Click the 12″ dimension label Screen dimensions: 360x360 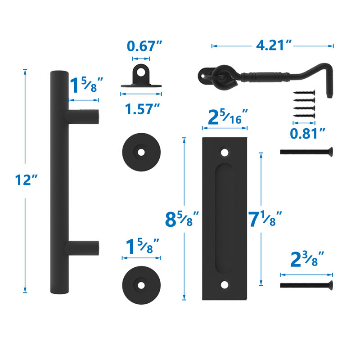click(26, 180)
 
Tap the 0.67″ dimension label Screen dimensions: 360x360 click(144, 46)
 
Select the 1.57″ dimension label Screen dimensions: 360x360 click(142, 109)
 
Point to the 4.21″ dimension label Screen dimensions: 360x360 click(274, 45)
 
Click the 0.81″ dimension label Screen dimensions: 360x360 click(308, 133)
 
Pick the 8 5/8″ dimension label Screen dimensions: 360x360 click(182, 219)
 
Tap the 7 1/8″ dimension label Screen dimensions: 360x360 click(265, 219)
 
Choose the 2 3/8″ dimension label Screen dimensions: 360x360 click(307, 260)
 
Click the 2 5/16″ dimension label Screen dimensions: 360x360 click(228, 117)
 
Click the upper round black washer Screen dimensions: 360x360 click(141, 152)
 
